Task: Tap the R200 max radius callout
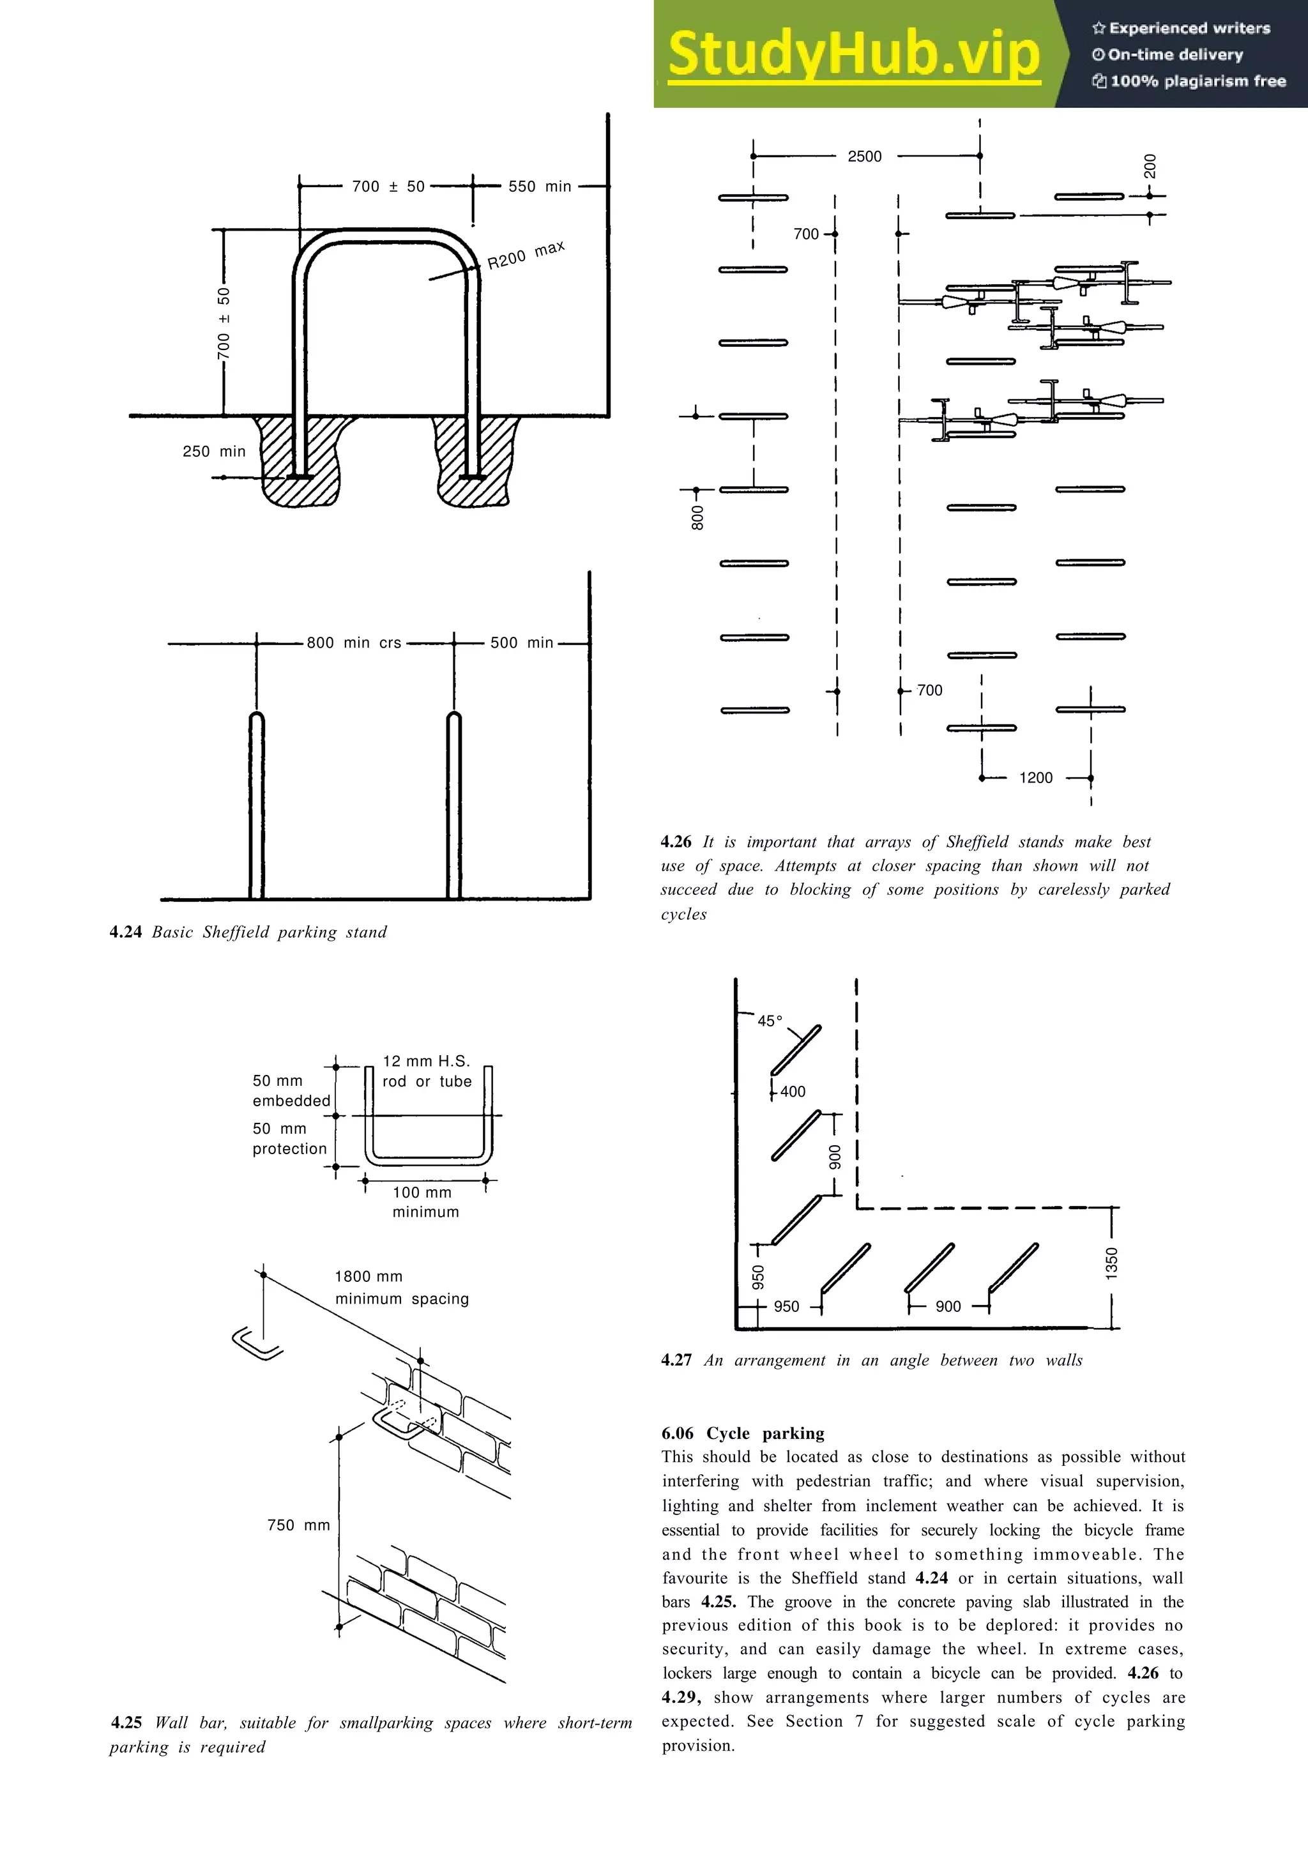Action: [x=526, y=254]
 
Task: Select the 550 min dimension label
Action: [x=539, y=187]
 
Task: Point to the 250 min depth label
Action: [x=213, y=452]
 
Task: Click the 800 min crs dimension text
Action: [x=354, y=643]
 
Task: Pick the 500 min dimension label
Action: [x=521, y=643]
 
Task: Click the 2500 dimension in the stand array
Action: [x=864, y=156]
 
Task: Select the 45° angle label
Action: [x=770, y=1021]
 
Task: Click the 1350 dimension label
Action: [x=1111, y=1263]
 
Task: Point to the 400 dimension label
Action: [x=792, y=1092]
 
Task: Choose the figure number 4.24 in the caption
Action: [x=126, y=932]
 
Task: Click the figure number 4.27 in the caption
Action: [x=676, y=1360]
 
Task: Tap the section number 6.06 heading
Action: [x=677, y=1433]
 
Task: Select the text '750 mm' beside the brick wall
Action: [x=298, y=1525]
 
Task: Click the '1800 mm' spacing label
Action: [x=369, y=1276]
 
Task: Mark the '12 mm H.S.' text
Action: [x=425, y=1061]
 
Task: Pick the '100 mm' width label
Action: [x=422, y=1192]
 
